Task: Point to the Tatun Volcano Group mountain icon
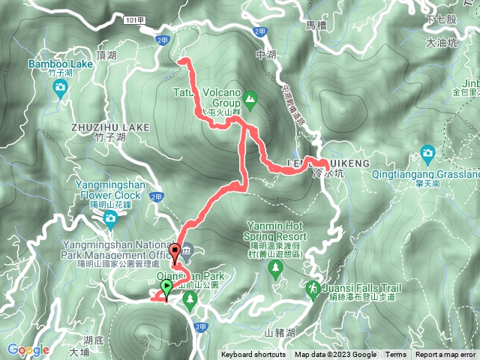tap(250, 97)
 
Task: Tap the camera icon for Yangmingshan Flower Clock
tap(110, 219)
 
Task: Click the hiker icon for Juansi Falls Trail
tap(312, 288)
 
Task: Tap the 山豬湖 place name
tap(280, 331)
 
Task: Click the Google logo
tap(28, 349)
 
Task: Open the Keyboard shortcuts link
tap(253, 355)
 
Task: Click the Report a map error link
tap(446, 355)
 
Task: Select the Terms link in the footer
tap(396, 355)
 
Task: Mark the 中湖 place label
tap(266, 55)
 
